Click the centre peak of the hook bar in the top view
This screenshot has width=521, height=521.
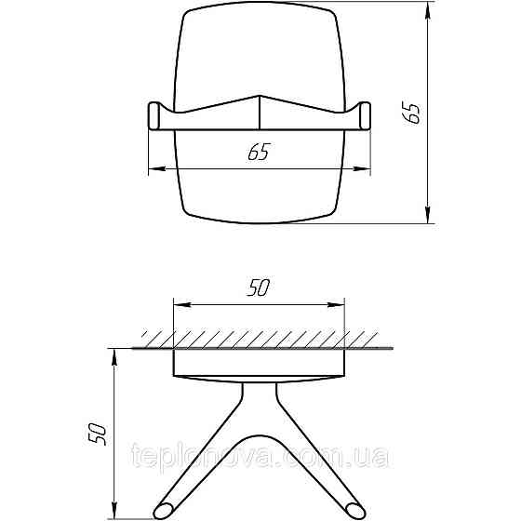coord(259,99)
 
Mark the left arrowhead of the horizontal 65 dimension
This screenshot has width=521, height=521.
coord(154,169)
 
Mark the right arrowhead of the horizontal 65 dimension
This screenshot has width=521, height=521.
coord(363,169)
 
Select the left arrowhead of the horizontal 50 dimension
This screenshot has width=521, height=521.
coord(179,303)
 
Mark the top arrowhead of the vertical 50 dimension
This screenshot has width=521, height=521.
coord(114,354)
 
